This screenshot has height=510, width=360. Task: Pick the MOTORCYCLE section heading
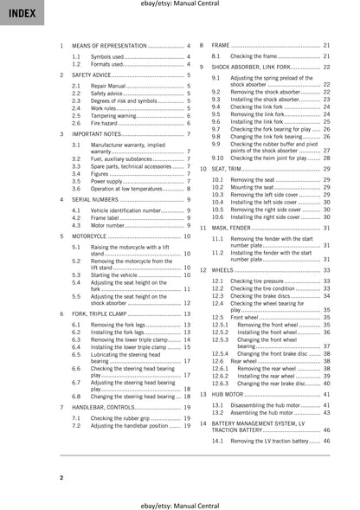coord(90,236)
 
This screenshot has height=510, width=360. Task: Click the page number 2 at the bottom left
coord(61,477)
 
